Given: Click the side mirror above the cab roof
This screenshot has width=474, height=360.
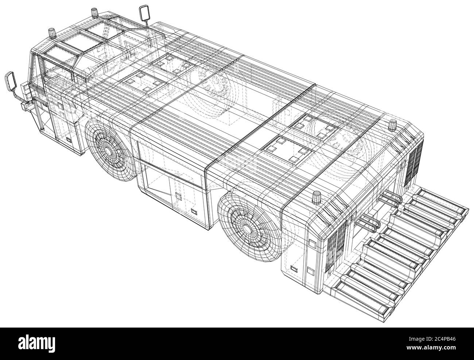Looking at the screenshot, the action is coord(144,13).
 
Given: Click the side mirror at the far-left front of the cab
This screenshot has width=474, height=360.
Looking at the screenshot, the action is coord(10,81).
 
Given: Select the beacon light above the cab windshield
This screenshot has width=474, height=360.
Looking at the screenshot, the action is coord(52,34).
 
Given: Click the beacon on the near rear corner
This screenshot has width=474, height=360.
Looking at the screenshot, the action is coord(317,197).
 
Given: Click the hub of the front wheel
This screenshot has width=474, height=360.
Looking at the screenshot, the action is coord(108,150).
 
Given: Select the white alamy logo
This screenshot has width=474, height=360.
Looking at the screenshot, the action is coord(37,344).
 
